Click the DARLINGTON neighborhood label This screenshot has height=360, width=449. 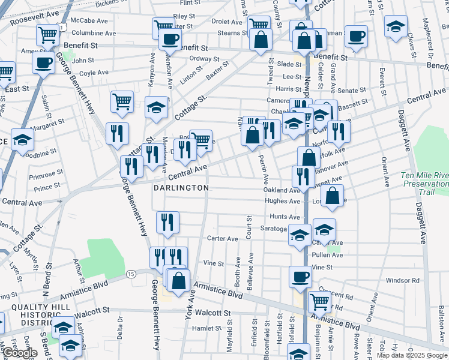click(181, 188)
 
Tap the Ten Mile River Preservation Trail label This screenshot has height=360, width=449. click(424, 184)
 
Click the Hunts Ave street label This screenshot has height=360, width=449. click(285, 217)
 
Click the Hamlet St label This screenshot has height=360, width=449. click(207, 328)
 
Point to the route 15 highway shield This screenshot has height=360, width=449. click(131, 274)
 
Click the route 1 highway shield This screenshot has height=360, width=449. click(61, 26)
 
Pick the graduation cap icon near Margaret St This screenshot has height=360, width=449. click(23, 140)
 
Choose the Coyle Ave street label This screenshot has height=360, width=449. click(94, 73)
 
